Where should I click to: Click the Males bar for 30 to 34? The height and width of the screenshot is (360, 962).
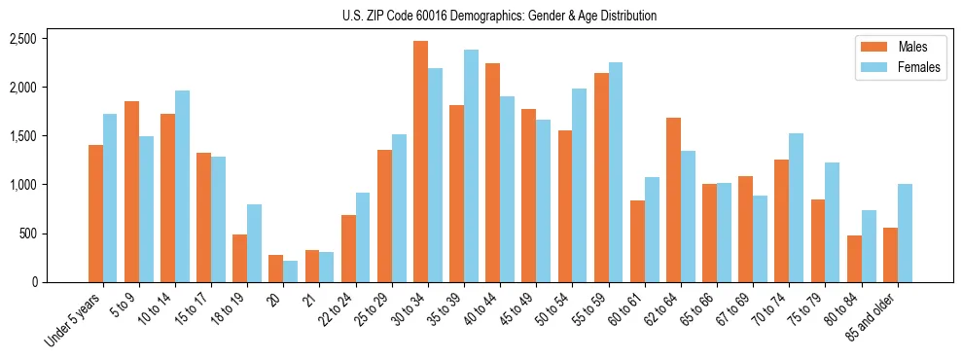(x=420, y=162)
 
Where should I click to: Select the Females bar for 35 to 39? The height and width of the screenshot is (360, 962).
(x=471, y=165)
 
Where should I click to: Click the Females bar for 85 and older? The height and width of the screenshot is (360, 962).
(x=905, y=233)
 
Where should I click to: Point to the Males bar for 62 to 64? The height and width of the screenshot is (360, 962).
(x=673, y=199)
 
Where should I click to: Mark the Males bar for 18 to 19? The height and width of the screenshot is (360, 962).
(x=239, y=258)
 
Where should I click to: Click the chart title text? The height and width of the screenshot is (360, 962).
(x=499, y=16)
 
